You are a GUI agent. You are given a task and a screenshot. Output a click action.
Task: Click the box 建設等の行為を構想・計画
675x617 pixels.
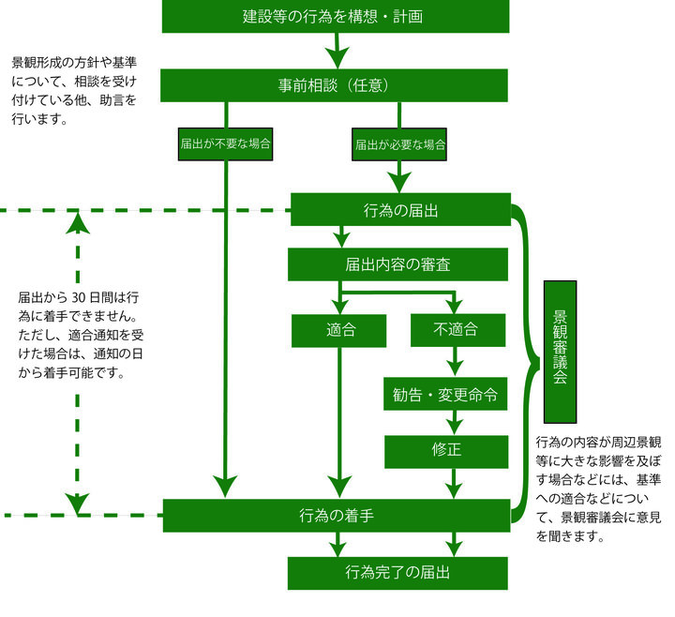pos(336,16)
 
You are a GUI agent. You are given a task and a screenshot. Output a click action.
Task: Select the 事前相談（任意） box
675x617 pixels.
pos(336,84)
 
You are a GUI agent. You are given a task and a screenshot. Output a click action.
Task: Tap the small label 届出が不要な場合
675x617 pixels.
pos(225,145)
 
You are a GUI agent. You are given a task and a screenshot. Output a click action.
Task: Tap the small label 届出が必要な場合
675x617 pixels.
pos(399,145)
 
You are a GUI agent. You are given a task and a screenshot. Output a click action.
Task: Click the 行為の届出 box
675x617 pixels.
pos(400,210)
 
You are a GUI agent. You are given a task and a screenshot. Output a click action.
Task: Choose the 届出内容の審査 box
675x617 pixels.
pos(398,264)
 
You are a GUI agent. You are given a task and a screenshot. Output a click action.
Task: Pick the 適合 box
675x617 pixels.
pos(338,329)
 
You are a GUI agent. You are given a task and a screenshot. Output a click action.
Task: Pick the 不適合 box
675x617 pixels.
pos(456,329)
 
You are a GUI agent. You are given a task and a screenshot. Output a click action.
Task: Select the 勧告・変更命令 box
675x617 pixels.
pos(445,395)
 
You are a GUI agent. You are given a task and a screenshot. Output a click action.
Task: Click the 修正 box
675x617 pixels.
pos(446,449)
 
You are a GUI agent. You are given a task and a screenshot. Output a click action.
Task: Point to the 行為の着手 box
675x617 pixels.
pos(337,515)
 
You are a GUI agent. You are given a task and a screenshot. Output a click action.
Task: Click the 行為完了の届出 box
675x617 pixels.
pos(398,572)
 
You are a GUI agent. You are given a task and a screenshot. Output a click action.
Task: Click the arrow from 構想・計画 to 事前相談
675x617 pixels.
pos(337,52)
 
